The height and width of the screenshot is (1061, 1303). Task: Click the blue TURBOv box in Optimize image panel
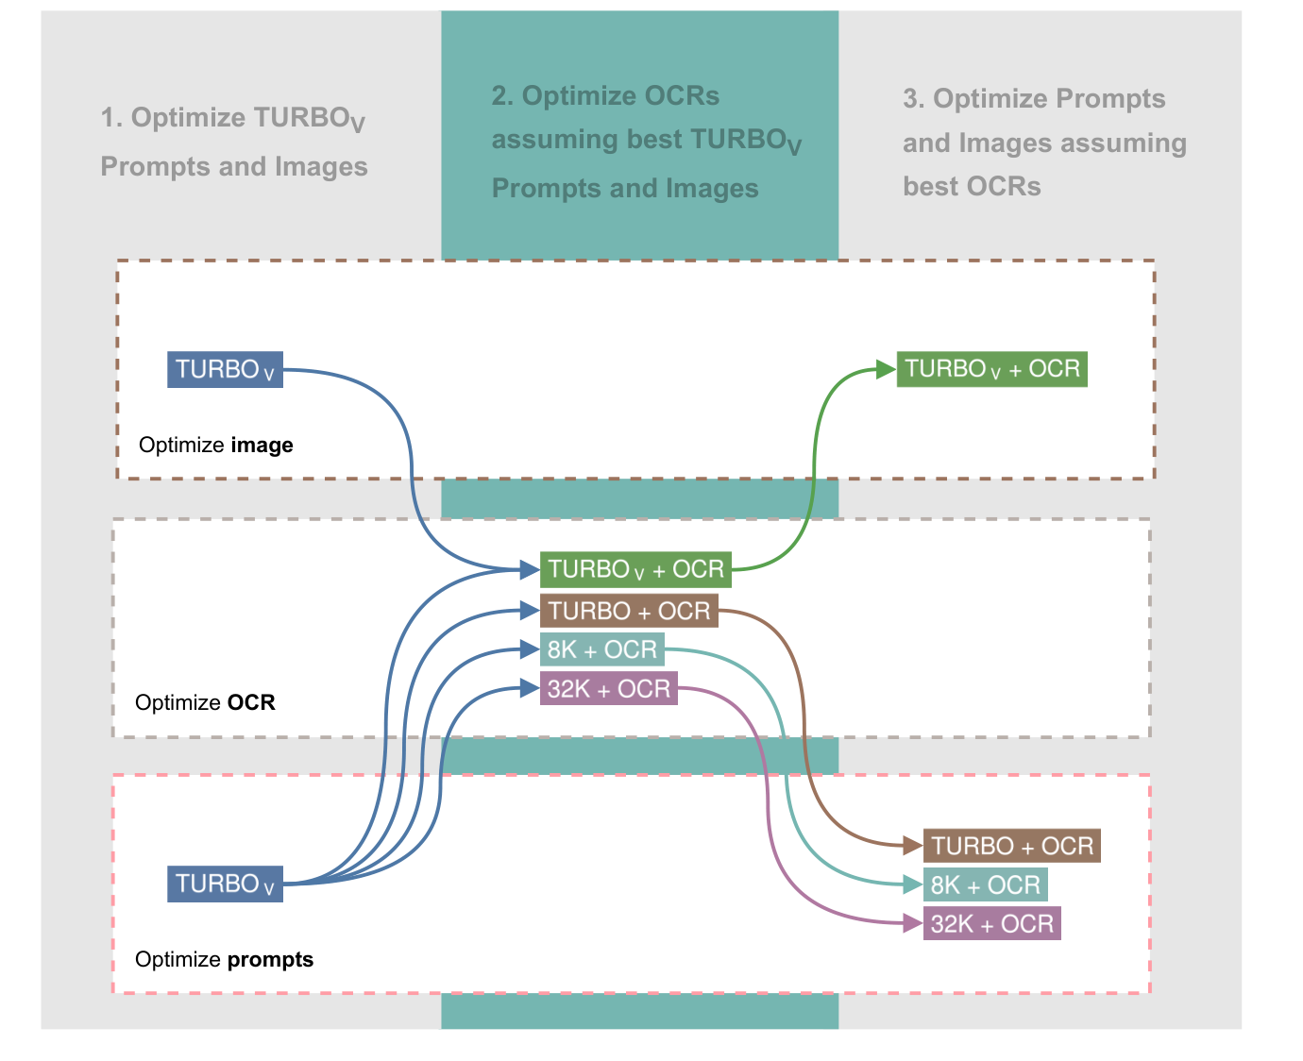point(225,369)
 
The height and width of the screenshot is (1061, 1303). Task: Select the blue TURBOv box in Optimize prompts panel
point(225,884)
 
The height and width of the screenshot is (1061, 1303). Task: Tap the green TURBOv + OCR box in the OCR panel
point(635,569)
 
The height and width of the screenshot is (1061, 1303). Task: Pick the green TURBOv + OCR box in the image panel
point(991,368)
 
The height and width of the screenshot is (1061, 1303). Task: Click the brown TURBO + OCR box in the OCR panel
point(629,611)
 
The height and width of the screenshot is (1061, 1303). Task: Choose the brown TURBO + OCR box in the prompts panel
point(1012,846)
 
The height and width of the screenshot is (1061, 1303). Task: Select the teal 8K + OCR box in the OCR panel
point(602,649)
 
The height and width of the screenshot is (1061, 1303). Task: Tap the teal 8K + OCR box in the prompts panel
point(985,884)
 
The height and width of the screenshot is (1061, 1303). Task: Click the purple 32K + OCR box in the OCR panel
point(608,689)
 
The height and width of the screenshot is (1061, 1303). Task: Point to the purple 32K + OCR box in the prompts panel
point(991,923)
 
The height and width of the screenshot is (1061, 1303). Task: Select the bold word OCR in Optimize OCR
point(251,702)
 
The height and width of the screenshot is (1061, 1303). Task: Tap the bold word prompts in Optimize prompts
point(270,959)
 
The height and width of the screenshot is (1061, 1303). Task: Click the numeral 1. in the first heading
point(111,118)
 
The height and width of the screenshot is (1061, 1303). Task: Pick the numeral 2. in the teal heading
point(502,96)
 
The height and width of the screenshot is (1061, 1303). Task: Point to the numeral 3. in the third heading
point(913,99)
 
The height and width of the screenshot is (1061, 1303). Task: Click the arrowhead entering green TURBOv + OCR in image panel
point(886,369)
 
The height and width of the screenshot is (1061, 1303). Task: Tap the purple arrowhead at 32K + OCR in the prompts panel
point(912,923)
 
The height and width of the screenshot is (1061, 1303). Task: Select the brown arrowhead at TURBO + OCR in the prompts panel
point(912,846)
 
